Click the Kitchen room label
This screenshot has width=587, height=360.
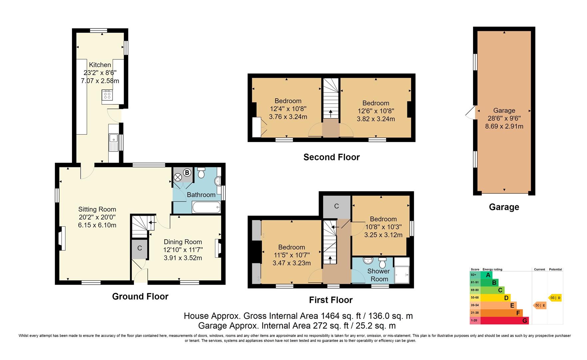coord(100,65)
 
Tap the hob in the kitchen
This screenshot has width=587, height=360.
coord(107,95)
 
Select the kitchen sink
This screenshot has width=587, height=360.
coord(114,142)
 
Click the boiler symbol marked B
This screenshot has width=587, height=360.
coord(187,172)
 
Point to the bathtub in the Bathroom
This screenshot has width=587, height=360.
coord(206,207)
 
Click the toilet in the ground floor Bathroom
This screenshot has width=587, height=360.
coord(201,173)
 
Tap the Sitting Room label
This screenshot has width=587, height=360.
coord(97,209)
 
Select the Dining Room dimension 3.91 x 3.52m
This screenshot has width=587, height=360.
coord(183,258)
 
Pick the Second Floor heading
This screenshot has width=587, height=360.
coord(331,157)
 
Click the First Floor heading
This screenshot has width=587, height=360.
coord(330,300)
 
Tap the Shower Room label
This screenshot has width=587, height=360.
coord(379,275)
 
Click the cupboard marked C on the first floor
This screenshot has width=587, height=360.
coord(336,206)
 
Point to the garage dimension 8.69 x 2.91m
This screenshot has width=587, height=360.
coord(504,126)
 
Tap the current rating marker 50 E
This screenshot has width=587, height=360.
coord(540,305)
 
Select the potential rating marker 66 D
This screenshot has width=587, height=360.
coord(555,298)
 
